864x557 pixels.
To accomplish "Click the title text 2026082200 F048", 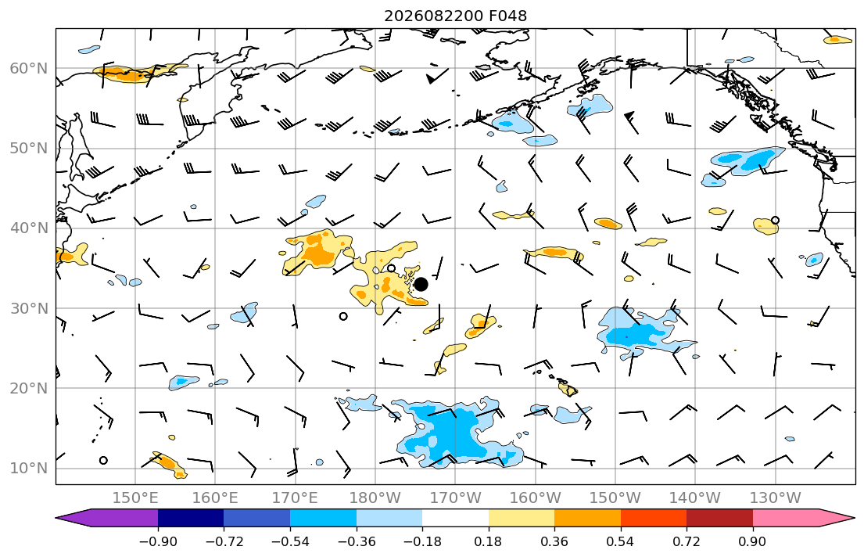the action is click(455, 16).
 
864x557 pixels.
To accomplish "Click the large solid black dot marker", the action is click(421, 285).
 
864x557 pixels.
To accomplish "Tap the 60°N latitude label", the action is click(29, 68).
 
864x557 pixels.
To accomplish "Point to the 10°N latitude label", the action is click(29, 469).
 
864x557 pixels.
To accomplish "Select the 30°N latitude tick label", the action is click(29, 308).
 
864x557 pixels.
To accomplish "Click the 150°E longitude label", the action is click(135, 498).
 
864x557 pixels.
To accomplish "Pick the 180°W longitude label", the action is click(376, 498).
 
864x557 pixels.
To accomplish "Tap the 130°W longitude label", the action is click(776, 498).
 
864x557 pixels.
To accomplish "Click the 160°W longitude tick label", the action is click(536, 498).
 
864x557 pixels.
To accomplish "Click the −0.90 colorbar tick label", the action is click(158, 542).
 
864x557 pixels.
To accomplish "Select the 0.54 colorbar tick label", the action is click(621, 542).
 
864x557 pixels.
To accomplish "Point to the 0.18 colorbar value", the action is click(488, 542).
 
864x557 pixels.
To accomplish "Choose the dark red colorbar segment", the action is click(719, 518).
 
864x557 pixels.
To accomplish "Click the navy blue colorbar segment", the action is click(191, 518).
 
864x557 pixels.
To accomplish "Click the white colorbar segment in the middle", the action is click(455, 518).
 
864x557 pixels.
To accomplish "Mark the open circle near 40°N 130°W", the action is click(776, 220).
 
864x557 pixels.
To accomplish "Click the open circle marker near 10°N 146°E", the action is click(103, 461).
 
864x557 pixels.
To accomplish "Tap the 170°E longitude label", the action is click(296, 498).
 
